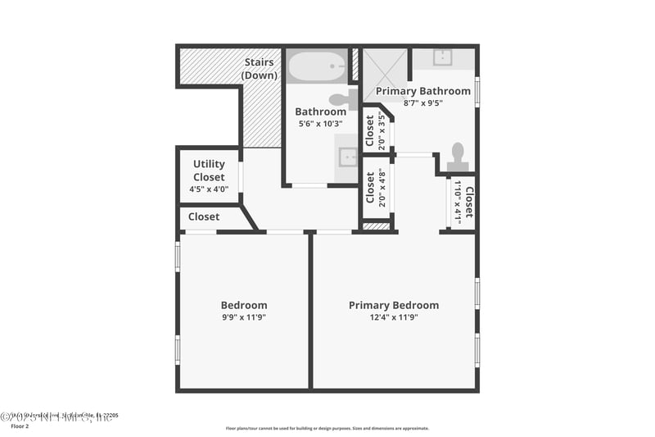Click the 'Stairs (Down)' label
(x=259, y=69)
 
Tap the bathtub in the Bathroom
(x=316, y=66)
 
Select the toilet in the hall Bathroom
(x=350, y=99)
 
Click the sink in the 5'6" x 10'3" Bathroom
(x=348, y=157)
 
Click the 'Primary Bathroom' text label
(x=422, y=91)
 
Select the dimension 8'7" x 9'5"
(x=422, y=103)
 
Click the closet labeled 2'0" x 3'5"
(x=375, y=130)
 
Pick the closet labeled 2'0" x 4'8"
(x=375, y=187)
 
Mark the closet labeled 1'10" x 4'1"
(x=463, y=202)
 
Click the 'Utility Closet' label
(x=209, y=171)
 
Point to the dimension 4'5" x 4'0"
(x=209, y=189)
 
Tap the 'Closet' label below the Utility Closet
(x=204, y=217)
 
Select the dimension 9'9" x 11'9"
(x=244, y=317)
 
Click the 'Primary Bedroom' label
(x=394, y=305)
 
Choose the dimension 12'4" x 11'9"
(x=394, y=317)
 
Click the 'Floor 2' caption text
(x=19, y=426)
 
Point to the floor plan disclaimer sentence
(x=327, y=428)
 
